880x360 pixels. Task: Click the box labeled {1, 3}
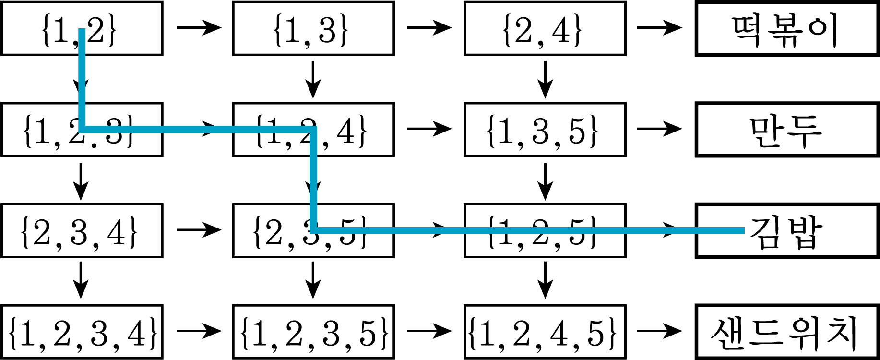pos(313,29)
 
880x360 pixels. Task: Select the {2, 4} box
pos(545,29)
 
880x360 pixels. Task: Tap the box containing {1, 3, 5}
pos(545,130)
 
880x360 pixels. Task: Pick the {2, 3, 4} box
pos(82,231)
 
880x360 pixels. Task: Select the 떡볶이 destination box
pos(787,29)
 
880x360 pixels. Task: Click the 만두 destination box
pos(787,130)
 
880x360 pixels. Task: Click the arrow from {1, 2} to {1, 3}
pos(198,27)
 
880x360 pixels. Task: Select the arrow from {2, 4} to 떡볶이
pos(659,27)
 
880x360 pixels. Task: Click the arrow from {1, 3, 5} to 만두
pos(659,129)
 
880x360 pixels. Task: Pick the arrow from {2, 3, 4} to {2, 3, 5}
pos(198,230)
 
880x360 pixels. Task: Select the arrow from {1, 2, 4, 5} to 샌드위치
pos(659,331)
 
